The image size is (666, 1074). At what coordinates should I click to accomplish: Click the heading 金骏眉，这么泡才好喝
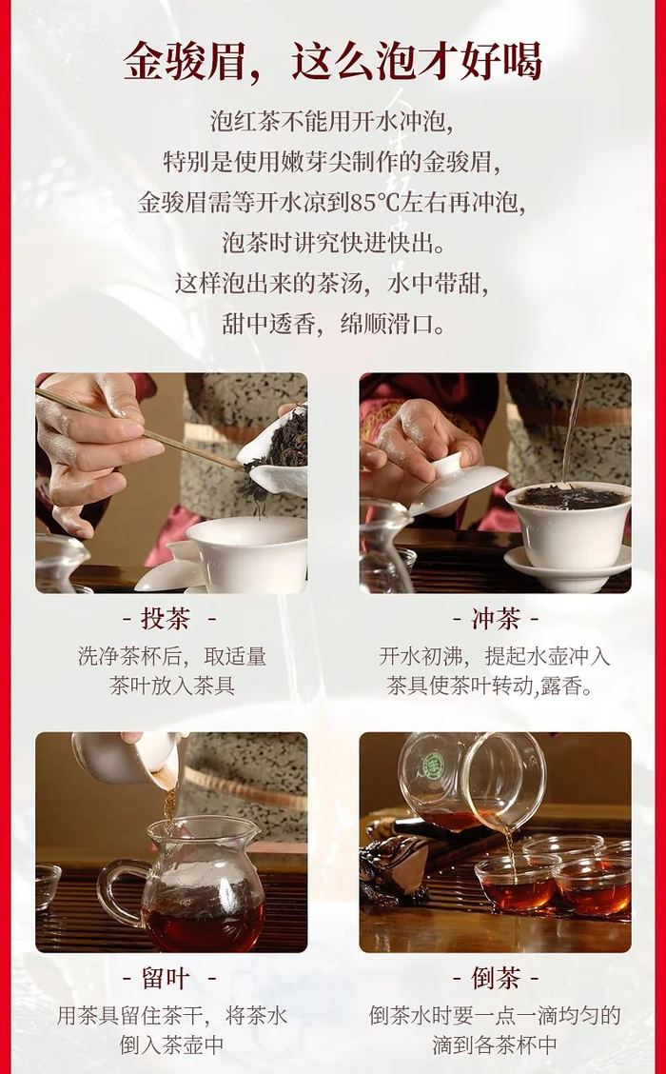(333, 62)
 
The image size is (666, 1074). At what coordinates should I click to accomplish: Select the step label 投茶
(165, 619)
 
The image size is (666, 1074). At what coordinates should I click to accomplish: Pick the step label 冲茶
(495, 619)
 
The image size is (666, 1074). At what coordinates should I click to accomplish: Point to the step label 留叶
(165, 979)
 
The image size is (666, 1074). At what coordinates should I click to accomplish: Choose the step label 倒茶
(495, 979)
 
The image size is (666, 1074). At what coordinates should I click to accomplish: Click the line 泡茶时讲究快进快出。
(333, 243)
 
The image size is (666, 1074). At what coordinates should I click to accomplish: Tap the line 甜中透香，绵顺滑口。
(333, 324)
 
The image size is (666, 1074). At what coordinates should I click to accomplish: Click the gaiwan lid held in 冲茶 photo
(458, 482)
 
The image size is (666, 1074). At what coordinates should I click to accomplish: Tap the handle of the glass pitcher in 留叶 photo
(116, 887)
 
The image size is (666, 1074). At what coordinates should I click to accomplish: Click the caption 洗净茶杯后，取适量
(172, 656)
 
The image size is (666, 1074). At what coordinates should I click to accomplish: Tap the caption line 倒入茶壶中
(172, 1044)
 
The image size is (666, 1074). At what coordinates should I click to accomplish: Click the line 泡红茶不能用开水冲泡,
(333, 123)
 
